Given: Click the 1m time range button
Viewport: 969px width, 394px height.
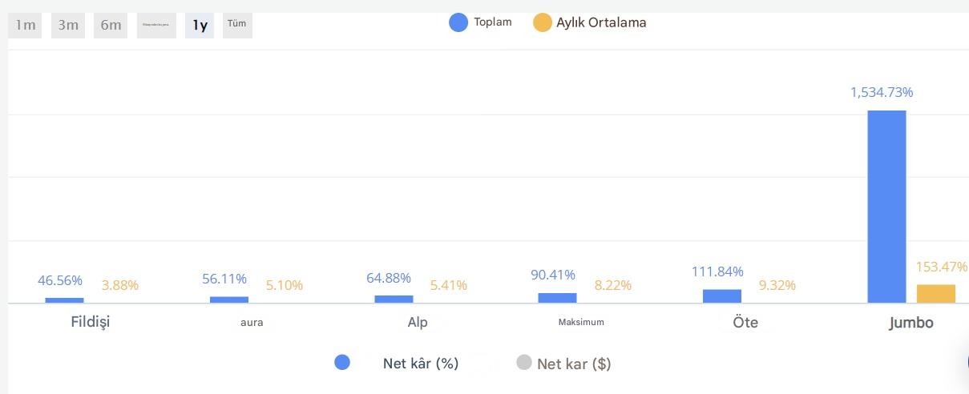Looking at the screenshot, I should click(25, 25).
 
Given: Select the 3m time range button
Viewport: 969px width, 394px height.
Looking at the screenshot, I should click(68, 25).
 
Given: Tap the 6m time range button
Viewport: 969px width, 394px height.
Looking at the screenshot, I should click(111, 25).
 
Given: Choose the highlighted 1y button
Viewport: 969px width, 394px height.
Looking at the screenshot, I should click(200, 25).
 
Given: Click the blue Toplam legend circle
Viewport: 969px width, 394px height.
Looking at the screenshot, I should click(458, 22).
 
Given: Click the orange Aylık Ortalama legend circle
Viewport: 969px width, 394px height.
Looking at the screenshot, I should click(543, 22).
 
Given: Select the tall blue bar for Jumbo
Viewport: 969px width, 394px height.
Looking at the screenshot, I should click(886, 207).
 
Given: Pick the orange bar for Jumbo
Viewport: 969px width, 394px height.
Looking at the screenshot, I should click(936, 294).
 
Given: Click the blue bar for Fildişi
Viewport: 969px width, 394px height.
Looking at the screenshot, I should click(64, 300).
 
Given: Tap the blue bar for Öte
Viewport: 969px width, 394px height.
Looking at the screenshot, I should click(722, 296).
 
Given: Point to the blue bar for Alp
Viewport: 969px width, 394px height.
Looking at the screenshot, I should click(394, 299).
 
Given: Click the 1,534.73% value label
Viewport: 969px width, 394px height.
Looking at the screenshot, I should click(882, 92).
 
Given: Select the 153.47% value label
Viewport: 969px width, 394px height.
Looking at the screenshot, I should click(942, 267).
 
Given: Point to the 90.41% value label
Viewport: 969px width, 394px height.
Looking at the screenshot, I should click(553, 275).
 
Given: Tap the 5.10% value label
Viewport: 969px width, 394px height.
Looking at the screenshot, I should click(285, 285).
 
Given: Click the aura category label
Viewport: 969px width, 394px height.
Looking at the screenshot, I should click(252, 323).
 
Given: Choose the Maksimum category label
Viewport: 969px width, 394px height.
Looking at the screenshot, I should click(581, 322).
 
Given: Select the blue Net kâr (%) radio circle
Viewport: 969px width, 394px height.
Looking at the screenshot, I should click(342, 363).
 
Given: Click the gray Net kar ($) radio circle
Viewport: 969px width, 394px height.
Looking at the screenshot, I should click(524, 363).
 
